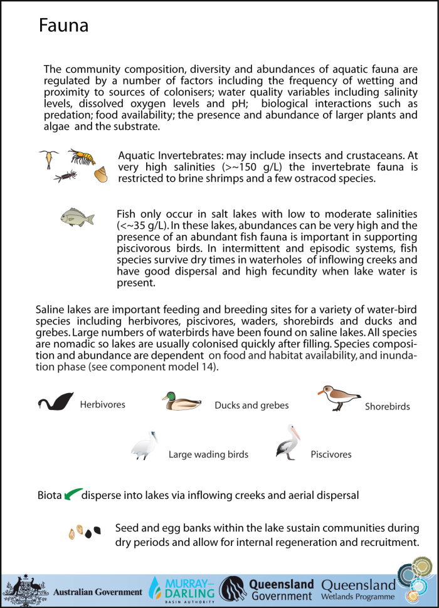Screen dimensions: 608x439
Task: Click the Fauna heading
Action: pos(63,26)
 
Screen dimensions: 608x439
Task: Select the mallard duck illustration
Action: pos(181,401)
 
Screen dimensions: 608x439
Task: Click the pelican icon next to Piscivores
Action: pos(288,442)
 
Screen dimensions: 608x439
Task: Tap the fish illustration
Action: pos(77,218)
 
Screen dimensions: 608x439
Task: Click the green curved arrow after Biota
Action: pos(73,494)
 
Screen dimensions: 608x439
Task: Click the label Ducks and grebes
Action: pos(251,406)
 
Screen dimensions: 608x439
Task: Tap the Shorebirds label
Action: pos(387,407)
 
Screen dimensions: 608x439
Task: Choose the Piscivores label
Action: pos(331,454)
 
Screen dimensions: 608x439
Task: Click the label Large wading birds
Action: pos(208,454)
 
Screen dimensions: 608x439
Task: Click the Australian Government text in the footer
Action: pos(98,592)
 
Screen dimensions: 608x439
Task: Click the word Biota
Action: pos(50,495)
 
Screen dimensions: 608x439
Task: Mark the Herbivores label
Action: pos(102,405)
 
